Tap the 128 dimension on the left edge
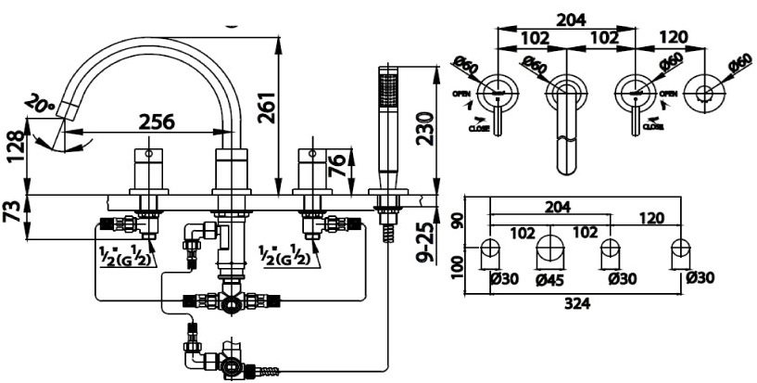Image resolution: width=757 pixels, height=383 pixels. tap(13, 147)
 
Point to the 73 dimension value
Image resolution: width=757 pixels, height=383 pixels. tap(13, 211)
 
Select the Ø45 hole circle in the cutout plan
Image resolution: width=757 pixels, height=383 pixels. tap(552, 248)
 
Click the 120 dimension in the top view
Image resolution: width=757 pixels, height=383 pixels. tap(674, 37)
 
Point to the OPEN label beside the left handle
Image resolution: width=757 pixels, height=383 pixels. tap(461, 94)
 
